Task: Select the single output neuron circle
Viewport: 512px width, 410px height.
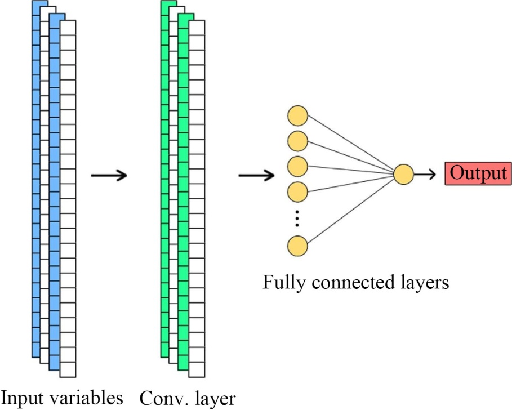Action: click(x=403, y=175)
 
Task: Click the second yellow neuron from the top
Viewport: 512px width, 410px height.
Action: click(x=297, y=141)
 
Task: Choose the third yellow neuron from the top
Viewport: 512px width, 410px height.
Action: click(x=297, y=166)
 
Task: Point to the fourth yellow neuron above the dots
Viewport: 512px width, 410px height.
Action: click(x=297, y=191)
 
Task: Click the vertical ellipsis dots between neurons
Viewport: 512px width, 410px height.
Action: click(x=297, y=219)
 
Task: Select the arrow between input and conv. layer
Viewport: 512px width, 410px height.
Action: click(x=109, y=175)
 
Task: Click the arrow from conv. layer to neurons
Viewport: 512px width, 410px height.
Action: click(x=256, y=175)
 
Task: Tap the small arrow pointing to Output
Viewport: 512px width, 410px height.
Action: click(x=426, y=175)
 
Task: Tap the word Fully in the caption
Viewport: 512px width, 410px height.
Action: click(x=282, y=282)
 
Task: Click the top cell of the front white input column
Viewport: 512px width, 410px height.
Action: click(x=68, y=28)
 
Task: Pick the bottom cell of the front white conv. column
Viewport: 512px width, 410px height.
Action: click(x=197, y=369)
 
